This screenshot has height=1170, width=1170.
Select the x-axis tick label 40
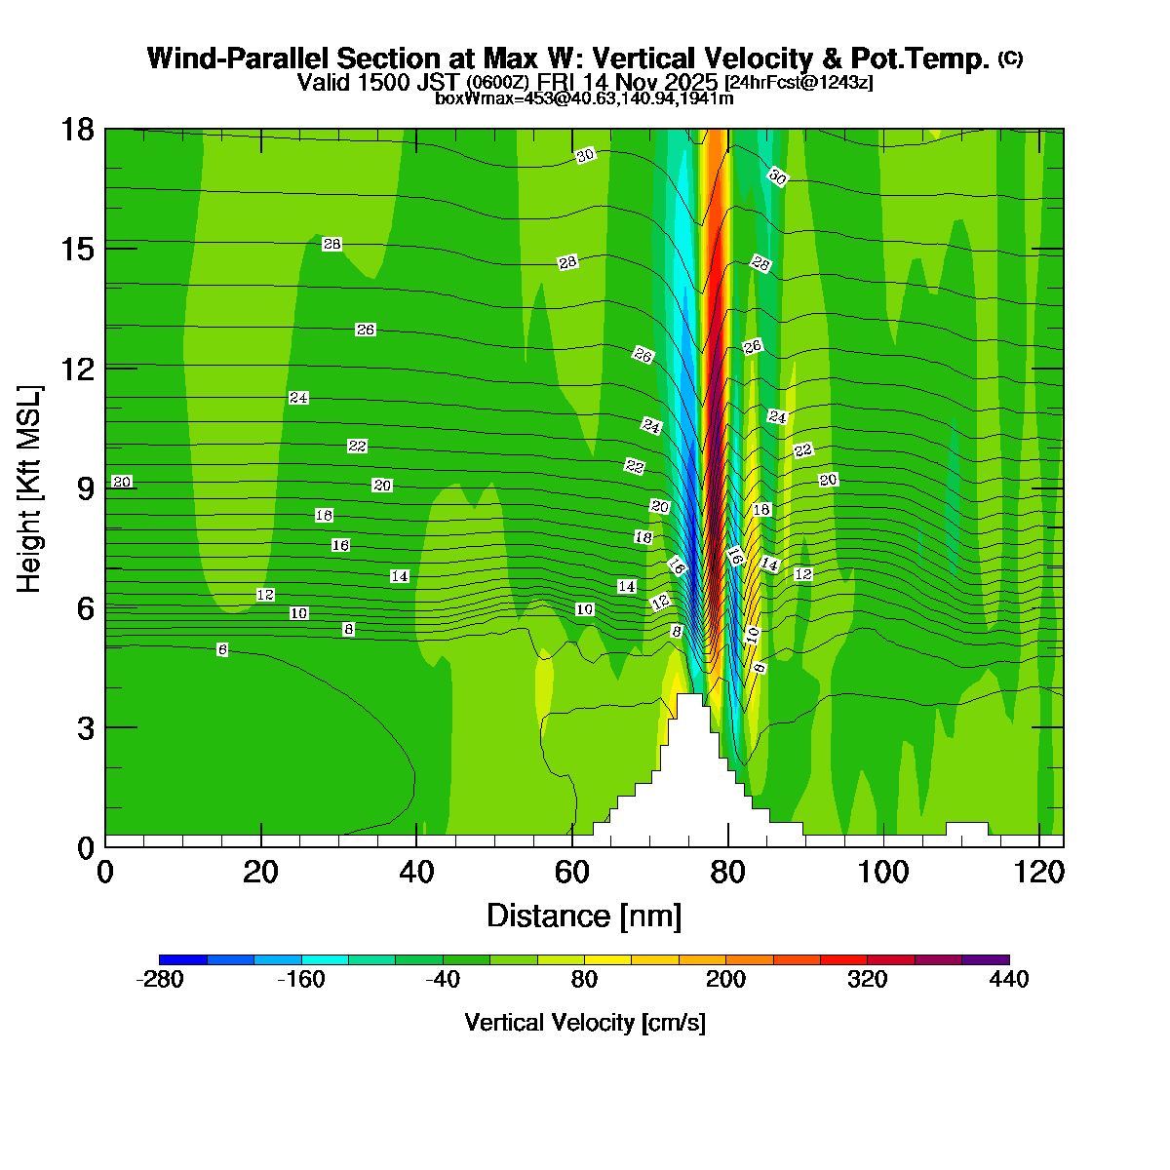[416, 873]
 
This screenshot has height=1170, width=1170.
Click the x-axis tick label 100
[883, 873]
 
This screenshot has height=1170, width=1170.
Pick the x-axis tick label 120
[1039, 873]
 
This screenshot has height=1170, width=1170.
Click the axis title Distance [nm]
[584, 916]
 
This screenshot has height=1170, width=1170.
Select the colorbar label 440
[1008, 980]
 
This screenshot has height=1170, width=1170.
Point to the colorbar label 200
[725, 980]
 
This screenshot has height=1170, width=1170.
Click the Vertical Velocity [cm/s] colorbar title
[585, 1023]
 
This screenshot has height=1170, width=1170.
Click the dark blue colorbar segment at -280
[182, 960]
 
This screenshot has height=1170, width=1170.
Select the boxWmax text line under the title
[584, 98]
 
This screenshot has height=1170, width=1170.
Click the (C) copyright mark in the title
[1010, 58]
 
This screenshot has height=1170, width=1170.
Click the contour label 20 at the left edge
[122, 482]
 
